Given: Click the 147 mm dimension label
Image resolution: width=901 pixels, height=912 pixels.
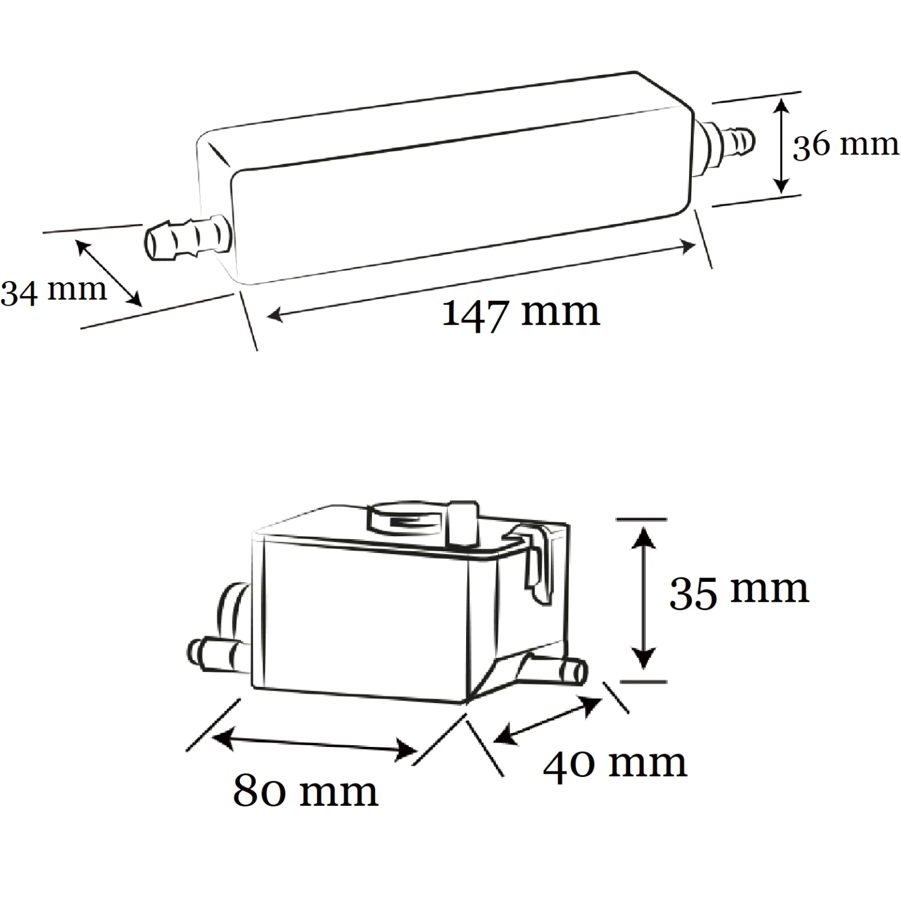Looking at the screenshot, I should (520, 313).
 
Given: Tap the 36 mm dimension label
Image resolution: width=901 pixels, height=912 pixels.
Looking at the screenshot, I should (845, 145).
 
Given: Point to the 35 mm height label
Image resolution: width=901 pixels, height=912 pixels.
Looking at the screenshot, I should (738, 590).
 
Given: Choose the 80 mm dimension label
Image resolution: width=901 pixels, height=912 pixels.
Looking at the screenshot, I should (305, 791).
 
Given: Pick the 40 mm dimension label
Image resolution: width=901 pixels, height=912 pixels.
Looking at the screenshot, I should (614, 764).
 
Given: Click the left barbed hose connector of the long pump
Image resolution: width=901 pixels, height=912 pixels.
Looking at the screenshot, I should (186, 240).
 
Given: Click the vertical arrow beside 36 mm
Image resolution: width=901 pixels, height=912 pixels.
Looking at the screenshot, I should (780, 146).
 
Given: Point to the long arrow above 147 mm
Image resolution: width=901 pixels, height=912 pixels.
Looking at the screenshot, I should (481, 280).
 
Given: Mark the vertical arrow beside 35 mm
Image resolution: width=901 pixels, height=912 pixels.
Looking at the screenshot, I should (643, 598).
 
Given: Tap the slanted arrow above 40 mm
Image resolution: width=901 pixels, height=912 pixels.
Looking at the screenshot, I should (547, 720).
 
